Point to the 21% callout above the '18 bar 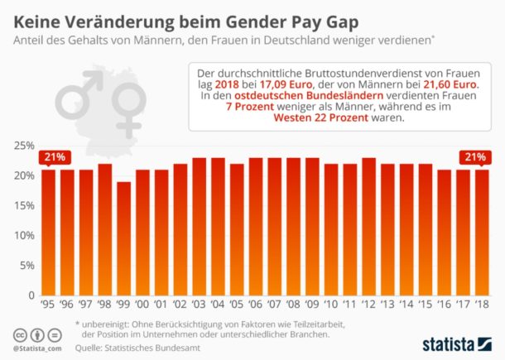474,156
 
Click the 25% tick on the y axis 25,146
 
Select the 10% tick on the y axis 25,235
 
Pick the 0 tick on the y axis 31,295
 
